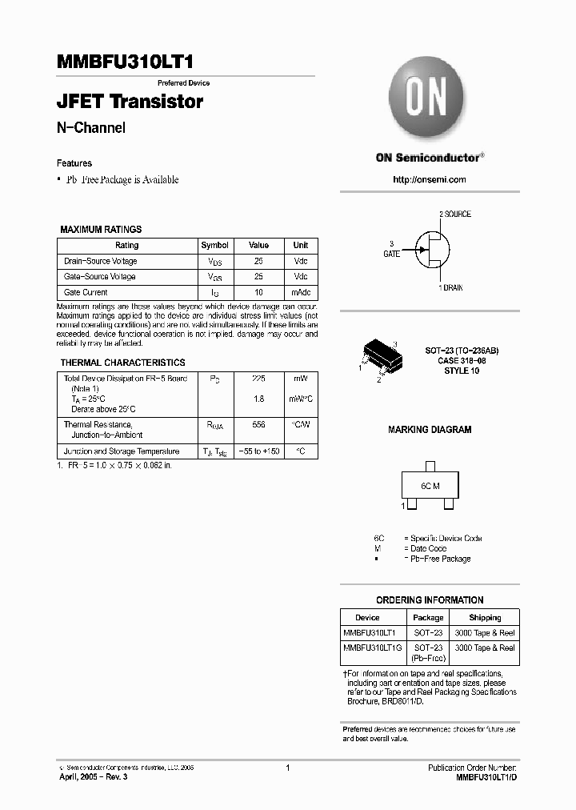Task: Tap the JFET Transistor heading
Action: tap(130, 102)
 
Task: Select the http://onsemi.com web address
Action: tap(429, 179)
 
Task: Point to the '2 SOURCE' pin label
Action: tap(454, 215)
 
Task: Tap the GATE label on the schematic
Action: tap(391, 253)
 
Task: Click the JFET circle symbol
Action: tap(430, 251)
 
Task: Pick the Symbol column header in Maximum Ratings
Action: tap(214, 246)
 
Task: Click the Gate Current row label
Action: tap(86, 293)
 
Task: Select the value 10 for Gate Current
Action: tap(258, 293)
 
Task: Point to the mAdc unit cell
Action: tap(301, 293)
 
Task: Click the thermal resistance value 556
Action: tap(258, 425)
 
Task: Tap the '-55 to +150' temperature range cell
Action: tap(258, 451)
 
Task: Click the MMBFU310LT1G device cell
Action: tap(373, 648)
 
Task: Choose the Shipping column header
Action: tap(485, 618)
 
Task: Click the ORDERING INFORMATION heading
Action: tap(430, 600)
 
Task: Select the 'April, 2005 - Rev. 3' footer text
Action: tap(93, 777)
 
